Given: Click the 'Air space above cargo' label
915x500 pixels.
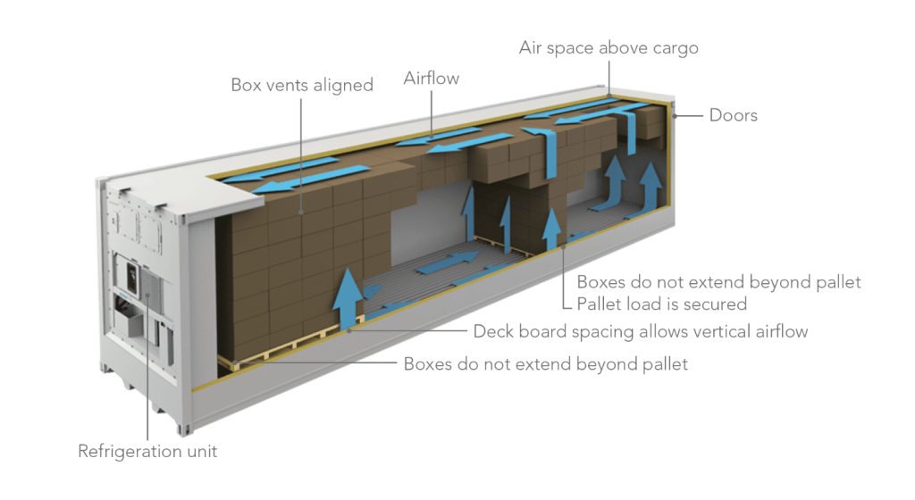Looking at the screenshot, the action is pyautogui.click(x=609, y=48).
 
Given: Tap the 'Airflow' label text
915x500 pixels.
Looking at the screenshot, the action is pyautogui.click(x=432, y=78).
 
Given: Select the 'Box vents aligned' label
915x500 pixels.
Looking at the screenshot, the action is pyautogui.click(x=302, y=85).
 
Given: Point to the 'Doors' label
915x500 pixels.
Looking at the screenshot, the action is pyautogui.click(x=733, y=115).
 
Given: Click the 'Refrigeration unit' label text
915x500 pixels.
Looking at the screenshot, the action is pyautogui.click(x=147, y=451).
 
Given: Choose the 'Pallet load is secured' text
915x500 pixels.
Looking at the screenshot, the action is pyautogui.click(x=662, y=304).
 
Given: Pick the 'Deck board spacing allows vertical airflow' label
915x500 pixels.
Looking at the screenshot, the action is pyautogui.click(x=640, y=331).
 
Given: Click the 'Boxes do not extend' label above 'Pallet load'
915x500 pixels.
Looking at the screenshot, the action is pyautogui.click(x=718, y=282).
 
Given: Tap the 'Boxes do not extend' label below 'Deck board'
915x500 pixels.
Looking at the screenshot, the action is pyautogui.click(x=546, y=364).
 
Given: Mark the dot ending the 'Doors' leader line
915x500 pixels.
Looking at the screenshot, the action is pyautogui.click(x=675, y=116).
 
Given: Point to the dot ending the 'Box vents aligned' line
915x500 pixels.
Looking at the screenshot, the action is pyautogui.click(x=301, y=212).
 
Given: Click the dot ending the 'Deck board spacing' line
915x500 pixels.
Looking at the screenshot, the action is pyautogui.click(x=349, y=331).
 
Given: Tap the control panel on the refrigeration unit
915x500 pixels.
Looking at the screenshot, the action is pyautogui.click(x=132, y=279).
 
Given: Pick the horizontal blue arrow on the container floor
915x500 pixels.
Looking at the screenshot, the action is pyautogui.click(x=448, y=262).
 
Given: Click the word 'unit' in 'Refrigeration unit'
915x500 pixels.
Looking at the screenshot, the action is pyautogui.click(x=202, y=451).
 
